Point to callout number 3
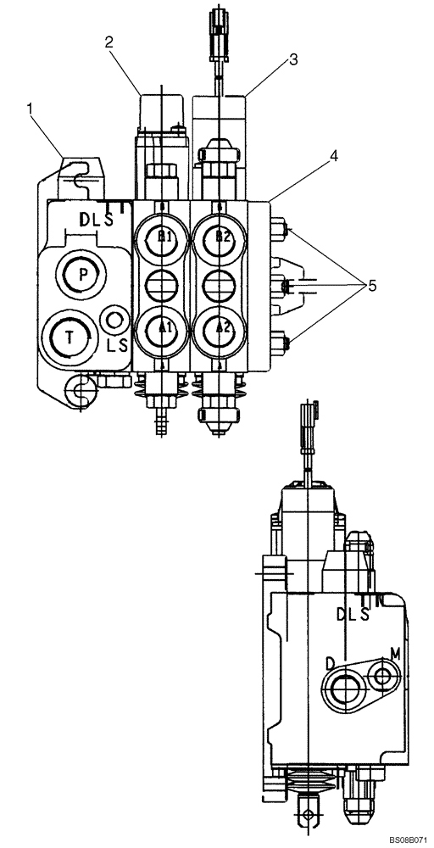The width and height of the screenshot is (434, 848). [293, 59]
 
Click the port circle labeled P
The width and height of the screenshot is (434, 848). [82, 273]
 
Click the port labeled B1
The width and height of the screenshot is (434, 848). [162, 237]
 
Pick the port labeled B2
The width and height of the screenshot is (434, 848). [220, 237]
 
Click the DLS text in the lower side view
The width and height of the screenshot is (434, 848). [353, 613]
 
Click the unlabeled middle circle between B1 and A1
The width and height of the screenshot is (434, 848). [162, 282]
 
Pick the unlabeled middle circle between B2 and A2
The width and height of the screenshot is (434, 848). [220, 282]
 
